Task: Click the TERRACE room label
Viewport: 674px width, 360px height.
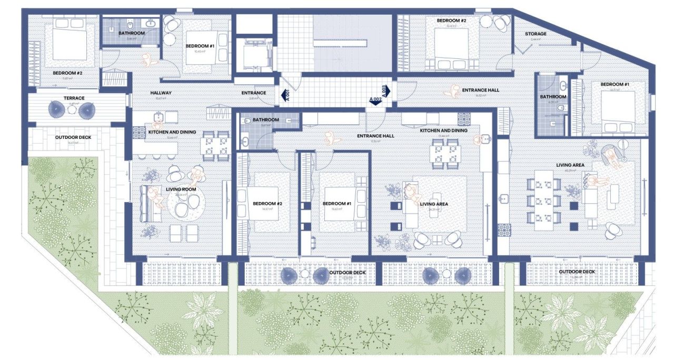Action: [x=74, y=98]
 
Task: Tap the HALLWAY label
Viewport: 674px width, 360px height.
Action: [x=161, y=93]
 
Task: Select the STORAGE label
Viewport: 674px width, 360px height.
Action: [x=535, y=34]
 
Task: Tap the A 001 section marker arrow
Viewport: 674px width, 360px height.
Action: [x=286, y=95]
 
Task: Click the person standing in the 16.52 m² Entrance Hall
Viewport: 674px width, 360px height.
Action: [x=449, y=92]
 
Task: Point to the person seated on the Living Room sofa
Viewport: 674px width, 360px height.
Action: [x=154, y=197]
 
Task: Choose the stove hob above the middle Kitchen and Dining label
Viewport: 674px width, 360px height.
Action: [x=464, y=118]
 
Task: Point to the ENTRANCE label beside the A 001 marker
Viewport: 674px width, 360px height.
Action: [x=253, y=93]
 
